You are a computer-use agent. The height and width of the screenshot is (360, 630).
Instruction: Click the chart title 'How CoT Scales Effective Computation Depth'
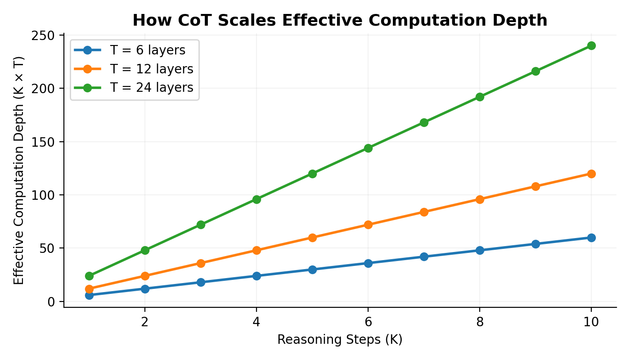coord(340,20)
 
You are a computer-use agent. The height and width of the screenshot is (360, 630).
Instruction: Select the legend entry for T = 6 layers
coord(147,50)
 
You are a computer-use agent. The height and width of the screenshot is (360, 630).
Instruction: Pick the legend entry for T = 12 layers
coord(151,69)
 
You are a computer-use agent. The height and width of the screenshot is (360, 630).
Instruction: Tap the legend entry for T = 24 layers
coord(151,88)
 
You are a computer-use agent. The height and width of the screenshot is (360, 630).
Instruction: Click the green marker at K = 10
coord(591,45)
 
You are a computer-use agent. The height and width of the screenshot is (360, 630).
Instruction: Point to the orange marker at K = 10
coord(591,174)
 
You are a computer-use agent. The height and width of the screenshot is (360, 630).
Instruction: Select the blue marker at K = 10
coord(591,238)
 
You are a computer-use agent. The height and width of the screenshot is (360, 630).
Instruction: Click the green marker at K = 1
coord(89,276)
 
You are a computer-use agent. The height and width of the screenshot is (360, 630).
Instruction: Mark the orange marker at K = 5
coord(312,238)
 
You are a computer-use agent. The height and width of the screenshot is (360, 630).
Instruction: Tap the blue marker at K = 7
coord(424,256)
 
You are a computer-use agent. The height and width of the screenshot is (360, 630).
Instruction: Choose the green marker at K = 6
coord(368,148)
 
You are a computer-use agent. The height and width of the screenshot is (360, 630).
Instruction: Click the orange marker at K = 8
coord(480,199)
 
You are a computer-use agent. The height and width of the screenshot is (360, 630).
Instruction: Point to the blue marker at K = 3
coord(201,282)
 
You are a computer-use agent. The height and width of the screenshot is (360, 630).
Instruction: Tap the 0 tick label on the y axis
coord(51,301)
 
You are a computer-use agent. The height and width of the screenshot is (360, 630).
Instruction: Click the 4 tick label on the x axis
coord(256,322)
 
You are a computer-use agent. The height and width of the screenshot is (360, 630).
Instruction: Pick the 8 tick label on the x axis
coord(480,322)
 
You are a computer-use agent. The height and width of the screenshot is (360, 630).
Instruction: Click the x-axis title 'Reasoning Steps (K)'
coord(340,340)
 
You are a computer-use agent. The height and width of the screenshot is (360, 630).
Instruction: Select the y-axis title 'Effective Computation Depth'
coord(18,171)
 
